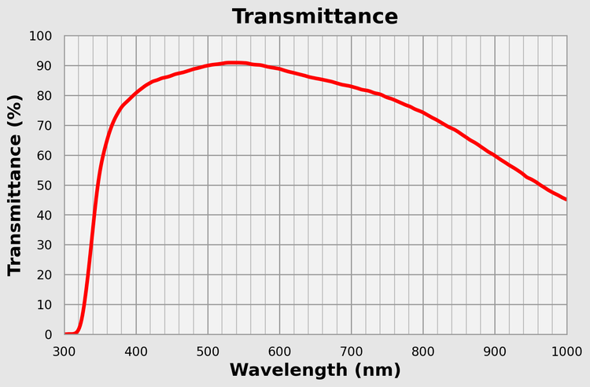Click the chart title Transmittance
(315, 16)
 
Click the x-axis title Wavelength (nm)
(315, 370)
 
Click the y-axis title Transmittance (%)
(14, 186)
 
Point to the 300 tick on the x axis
(65, 349)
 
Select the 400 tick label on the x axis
(136, 349)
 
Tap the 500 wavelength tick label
(208, 349)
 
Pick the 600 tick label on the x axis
(279, 349)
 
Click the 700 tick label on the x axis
(351, 349)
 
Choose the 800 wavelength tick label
(423, 349)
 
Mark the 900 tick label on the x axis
(495, 349)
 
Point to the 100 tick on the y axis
(40, 36)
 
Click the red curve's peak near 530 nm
(230, 62)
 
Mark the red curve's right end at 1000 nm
(566, 199)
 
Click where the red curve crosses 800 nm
(423, 112)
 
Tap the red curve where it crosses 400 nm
(136, 92)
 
